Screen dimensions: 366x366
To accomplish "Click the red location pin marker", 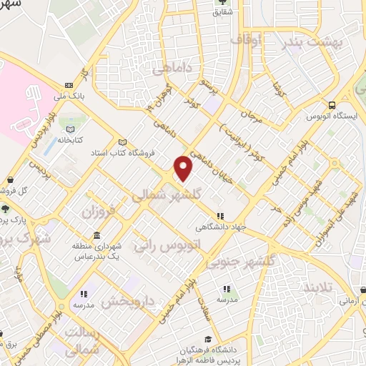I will pos(184,167).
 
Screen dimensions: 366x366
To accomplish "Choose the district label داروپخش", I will pos(128,301).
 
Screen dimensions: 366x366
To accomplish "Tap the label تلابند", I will pos(316,287).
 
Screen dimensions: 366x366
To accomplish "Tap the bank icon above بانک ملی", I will pos(68,82).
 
